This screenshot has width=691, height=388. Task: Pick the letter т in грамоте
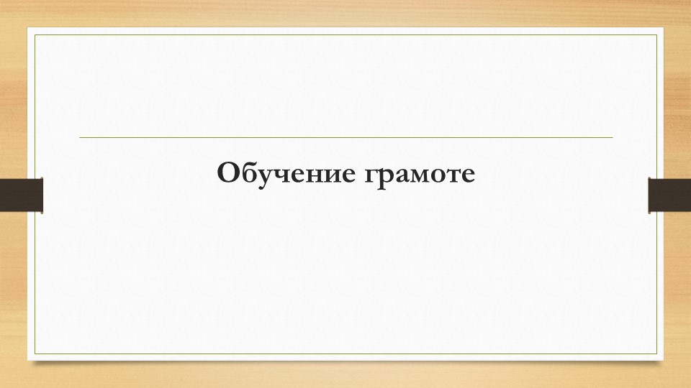[x=456, y=175]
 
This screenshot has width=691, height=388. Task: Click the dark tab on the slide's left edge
[x=21, y=195]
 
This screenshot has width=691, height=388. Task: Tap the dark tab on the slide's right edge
[x=669, y=195]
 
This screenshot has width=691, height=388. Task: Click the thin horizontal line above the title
[x=345, y=137]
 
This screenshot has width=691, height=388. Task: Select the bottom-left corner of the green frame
[x=36, y=354]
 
